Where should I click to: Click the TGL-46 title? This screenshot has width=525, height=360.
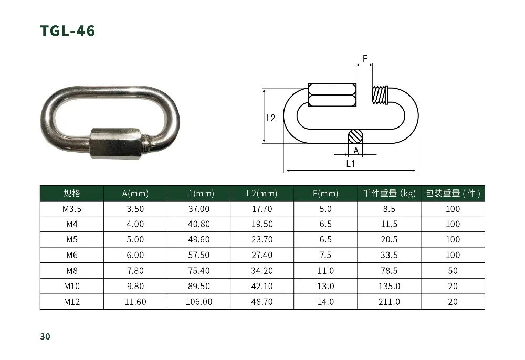[68, 31]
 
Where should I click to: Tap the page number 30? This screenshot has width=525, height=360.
[45, 336]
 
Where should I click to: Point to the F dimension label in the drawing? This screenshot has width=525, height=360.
[365, 58]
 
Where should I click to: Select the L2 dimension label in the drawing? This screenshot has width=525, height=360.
[270, 118]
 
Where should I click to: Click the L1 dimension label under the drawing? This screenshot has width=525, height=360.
[351, 164]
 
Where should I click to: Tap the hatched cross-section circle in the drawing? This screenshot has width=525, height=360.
[355, 136]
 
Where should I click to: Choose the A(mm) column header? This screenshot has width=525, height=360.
[135, 194]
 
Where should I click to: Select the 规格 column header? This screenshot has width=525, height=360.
[71, 194]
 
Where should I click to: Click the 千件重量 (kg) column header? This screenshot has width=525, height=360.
[389, 194]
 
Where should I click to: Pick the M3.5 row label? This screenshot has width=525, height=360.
[71, 209]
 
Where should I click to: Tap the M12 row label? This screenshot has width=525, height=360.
[71, 302]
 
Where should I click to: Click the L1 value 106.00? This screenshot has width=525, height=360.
[199, 302]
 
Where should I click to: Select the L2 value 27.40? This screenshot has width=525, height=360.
[262, 255]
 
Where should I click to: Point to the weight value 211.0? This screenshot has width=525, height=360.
[389, 302]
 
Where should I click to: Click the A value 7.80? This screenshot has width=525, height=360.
[135, 271]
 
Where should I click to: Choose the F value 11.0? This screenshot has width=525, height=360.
[325, 271]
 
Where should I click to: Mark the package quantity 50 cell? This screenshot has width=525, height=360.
[453, 271]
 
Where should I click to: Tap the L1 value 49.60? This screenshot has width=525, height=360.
[199, 240]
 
